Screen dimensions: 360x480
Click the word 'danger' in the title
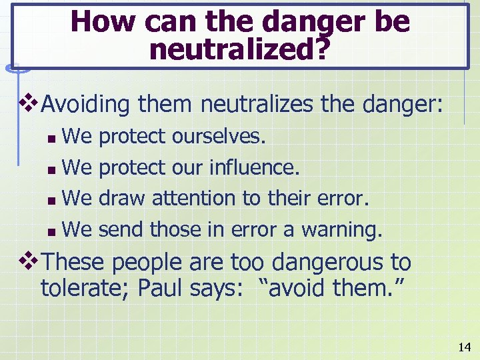[x=310, y=22]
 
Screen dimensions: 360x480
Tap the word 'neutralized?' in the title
[x=239, y=49]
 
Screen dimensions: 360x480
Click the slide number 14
[x=464, y=347]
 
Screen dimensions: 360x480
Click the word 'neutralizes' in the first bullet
[x=251, y=104]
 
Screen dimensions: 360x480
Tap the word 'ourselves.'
[x=219, y=137]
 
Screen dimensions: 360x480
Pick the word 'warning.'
[x=343, y=230]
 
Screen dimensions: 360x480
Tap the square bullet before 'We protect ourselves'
[x=53, y=138]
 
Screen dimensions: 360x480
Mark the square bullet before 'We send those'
[x=53, y=231]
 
